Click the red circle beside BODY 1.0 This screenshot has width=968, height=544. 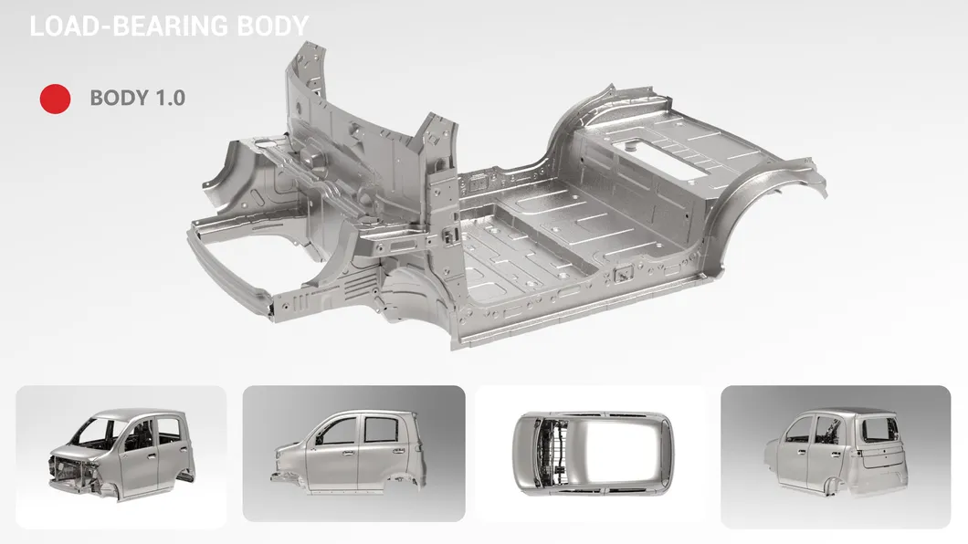[x=55, y=99]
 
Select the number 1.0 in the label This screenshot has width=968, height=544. [x=171, y=98]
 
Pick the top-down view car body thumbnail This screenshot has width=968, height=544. [x=594, y=454]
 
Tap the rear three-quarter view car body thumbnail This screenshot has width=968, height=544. [x=836, y=451]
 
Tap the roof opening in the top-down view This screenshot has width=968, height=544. [x=620, y=454]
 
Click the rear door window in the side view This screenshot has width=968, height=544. [x=380, y=429]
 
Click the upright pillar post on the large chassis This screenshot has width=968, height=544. [x=441, y=216]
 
